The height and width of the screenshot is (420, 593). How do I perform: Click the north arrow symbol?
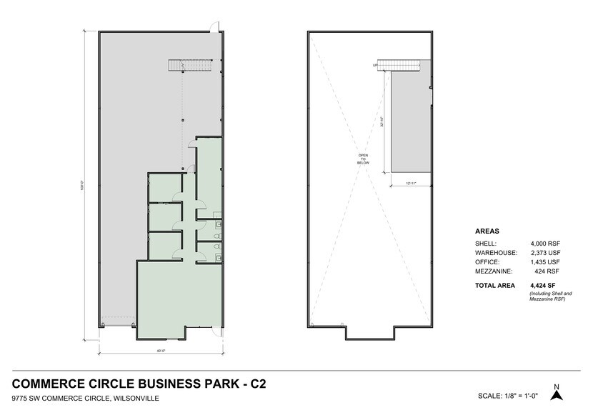(x=557, y=393)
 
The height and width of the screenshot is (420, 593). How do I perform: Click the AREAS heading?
(x=487, y=231)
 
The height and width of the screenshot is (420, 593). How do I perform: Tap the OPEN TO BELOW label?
(x=362, y=159)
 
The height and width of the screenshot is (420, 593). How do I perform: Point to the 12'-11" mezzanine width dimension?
(x=410, y=184)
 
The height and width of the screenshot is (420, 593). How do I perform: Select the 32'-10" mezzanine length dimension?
(x=383, y=122)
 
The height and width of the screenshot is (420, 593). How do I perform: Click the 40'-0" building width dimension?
(x=162, y=350)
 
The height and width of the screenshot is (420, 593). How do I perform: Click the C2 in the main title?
(x=256, y=384)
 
